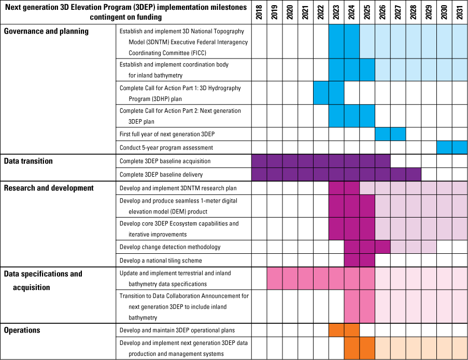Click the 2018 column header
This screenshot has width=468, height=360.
pyautogui.click(x=259, y=12)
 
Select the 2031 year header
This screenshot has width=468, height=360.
pyautogui.click(x=460, y=12)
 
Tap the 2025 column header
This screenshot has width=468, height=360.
pyautogui.click(x=367, y=12)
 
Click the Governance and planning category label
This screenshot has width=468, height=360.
pyautogui.click(x=47, y=31)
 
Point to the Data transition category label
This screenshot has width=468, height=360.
pyautogui.click(x=29, y=161)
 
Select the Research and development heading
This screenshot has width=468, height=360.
pyautogui.click(x=49, y=188)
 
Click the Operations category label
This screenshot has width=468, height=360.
pyautogui.click(x=22, y=330)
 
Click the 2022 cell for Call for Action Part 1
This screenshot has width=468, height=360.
pyautogui.click(x=321, y=93)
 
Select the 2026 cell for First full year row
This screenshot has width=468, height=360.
pyautogui.click(x=382, y=134)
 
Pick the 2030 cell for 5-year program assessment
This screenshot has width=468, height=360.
pyautogui.click(x=444, y=148)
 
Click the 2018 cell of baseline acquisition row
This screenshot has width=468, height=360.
pyautogui.click(x=259, y=161)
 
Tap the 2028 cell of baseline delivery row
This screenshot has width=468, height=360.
pyautogui.click(x=413, y=175)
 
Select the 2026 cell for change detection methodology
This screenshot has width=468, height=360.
pyautogui.click(x=382, y=247)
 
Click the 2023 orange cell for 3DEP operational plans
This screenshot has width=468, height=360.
pyautogui.click(x=336, y=330)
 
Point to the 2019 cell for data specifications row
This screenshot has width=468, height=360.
pyautogui.click(x=275, y=278)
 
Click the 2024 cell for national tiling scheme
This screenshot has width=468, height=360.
pyautogui.click(x=351, y=260)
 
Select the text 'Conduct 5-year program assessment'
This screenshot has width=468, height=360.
pyautogui.click(x=166, y=148)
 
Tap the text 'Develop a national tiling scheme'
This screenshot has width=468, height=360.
pyautogui.click(x=161, y=260)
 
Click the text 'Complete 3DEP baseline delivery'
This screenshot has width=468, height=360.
pyautogui.click(x=161, y=175)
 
